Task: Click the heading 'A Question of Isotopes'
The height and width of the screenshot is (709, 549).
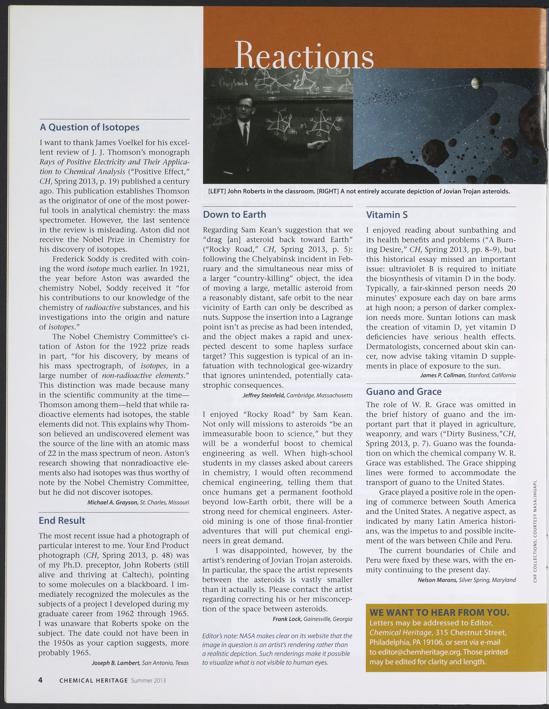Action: (x=89, y=127)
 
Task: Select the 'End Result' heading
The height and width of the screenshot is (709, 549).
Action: (x=62, y=521)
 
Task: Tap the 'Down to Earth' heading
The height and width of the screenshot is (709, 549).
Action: (x=234, y=215)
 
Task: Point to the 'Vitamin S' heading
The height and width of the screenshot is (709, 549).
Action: (x=387, y=215)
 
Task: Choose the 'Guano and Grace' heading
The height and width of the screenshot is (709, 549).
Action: (x=404, y=392)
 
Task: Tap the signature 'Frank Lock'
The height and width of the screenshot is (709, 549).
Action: (x=287, y=619)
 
